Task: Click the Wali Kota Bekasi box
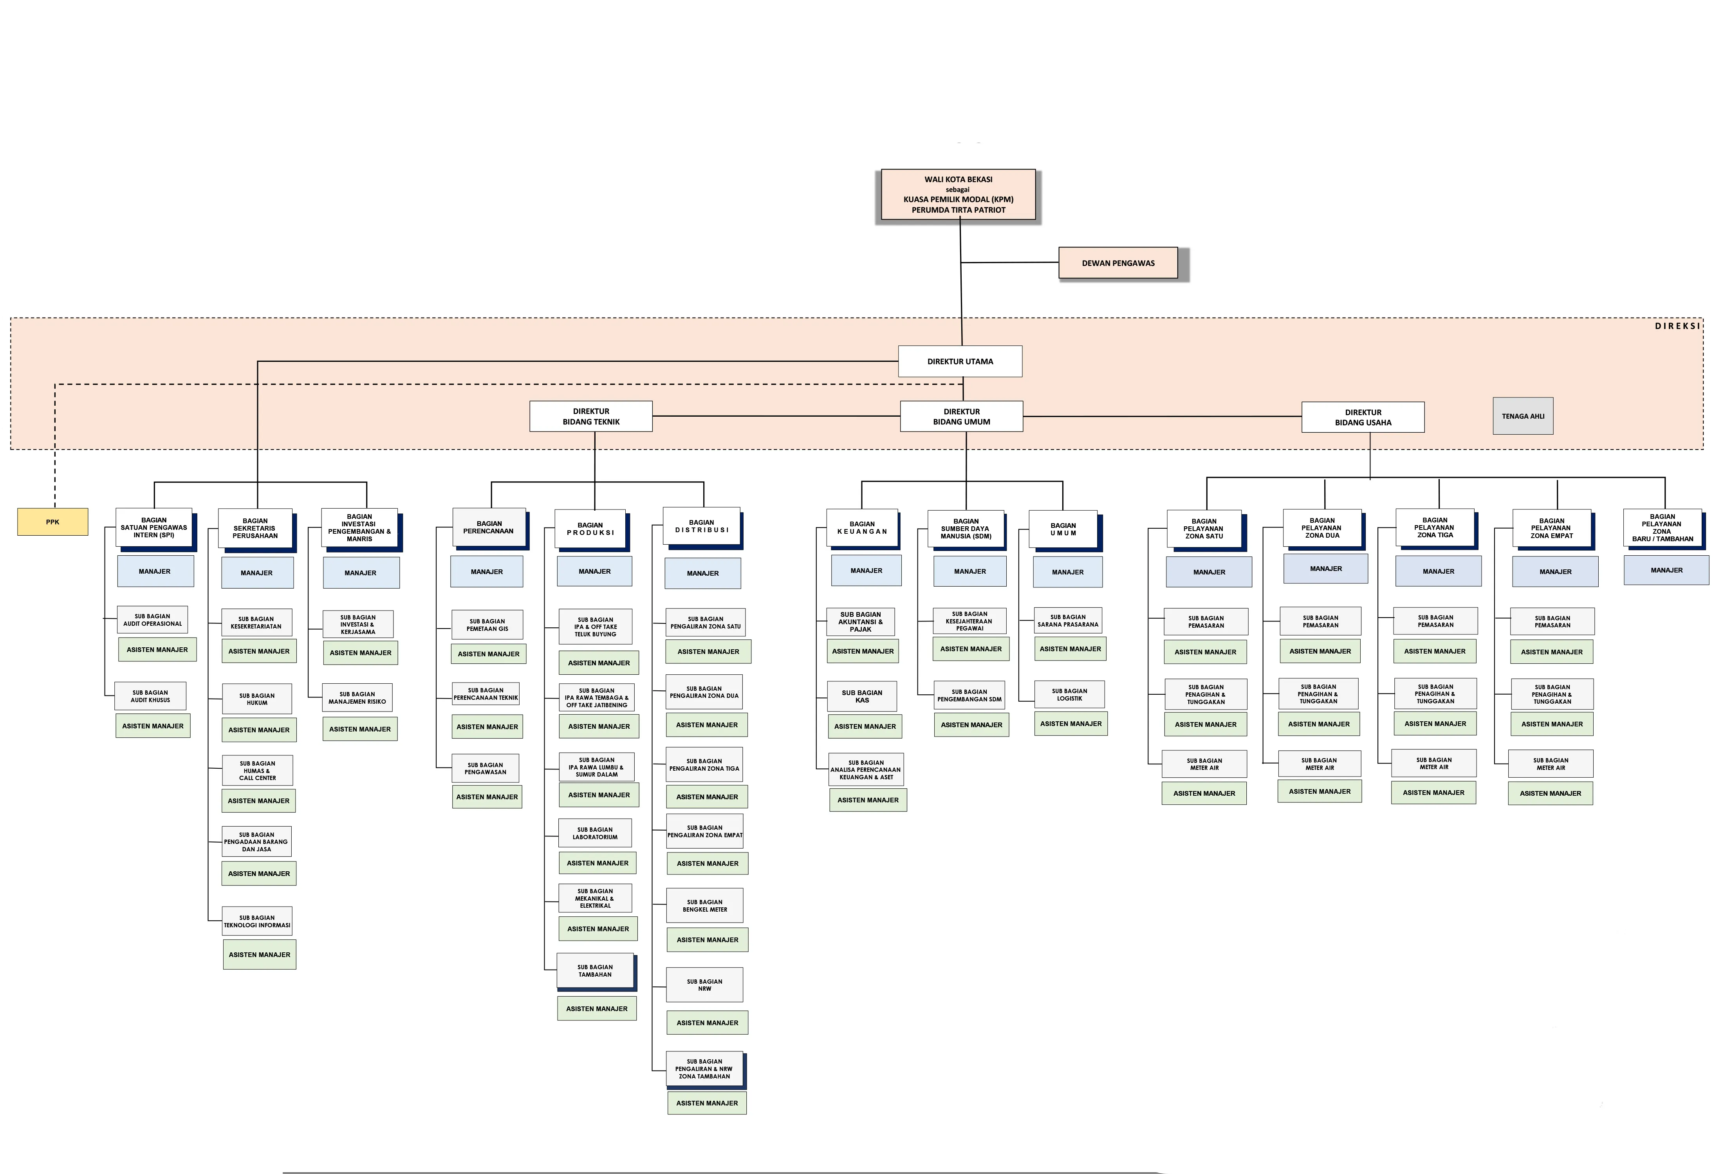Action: [958, 195]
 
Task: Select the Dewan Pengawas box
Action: [1118, 263]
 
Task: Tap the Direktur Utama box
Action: [960, 361]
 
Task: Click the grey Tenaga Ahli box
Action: [1523, 416]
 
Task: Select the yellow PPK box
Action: [53, 522]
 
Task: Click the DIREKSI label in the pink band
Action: [1677, 326]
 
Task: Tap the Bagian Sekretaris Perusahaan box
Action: [255, 528]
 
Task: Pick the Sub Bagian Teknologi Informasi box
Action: [257, 921]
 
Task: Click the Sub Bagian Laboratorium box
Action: [595, 833]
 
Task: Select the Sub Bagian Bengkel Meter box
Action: [705, 905]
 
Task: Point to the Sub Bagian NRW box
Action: [705, 985]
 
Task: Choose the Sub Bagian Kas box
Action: [862, 696]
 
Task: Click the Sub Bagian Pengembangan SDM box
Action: [969, 695]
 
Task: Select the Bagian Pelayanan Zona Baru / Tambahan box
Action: [1663, 527]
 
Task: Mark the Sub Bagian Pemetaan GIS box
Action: [487, 625]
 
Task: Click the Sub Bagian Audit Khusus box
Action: [151, 696]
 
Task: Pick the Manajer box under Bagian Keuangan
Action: [867, 571]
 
